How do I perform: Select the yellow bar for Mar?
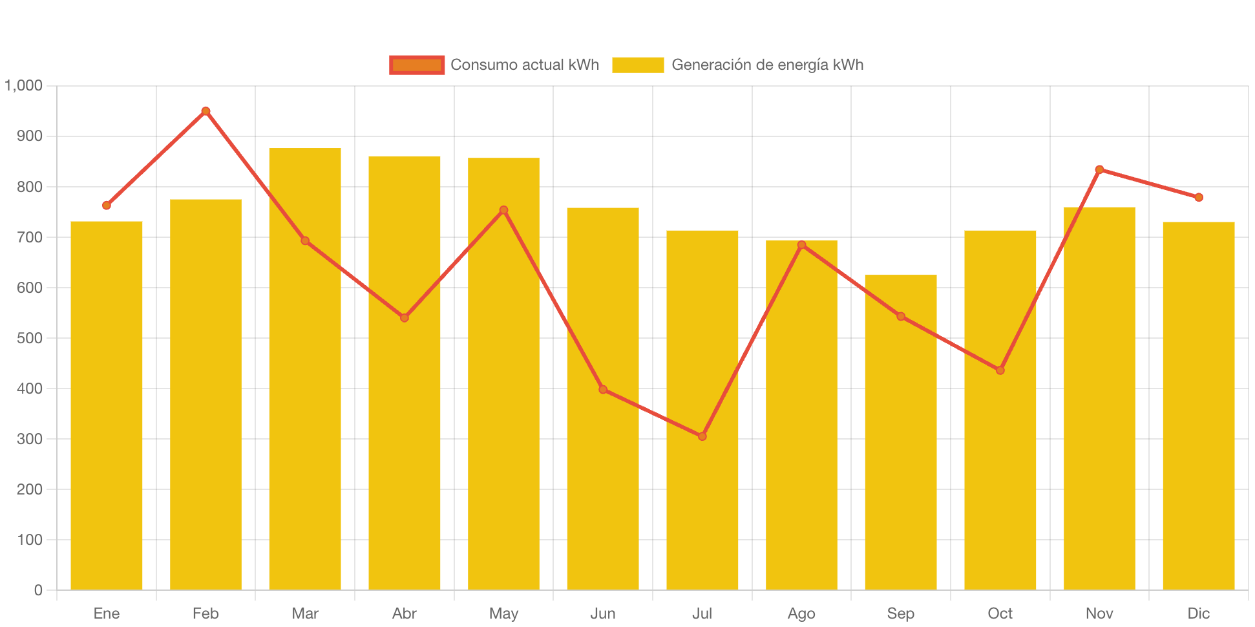pos(304,368)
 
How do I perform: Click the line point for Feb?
pos(206,111)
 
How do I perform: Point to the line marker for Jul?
pos(702,436)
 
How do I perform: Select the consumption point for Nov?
pos(1099,169)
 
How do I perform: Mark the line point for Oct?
pos(1000,370)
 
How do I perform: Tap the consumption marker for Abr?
pos(404,317)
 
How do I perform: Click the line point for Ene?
pos(107,206)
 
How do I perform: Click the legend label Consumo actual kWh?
pos(524,65)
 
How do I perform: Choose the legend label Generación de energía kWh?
pos(767,65)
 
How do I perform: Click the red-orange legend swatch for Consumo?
pos(417,65)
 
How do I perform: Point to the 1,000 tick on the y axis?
pos(24,85)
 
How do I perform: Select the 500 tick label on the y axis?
pos(30,338)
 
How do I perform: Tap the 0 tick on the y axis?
pos(38,590)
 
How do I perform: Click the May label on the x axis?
pos(503,613)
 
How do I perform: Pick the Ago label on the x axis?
pos(801,613)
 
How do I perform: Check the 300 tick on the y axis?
pos(30,439)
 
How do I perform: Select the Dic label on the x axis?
pos(1198,613)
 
